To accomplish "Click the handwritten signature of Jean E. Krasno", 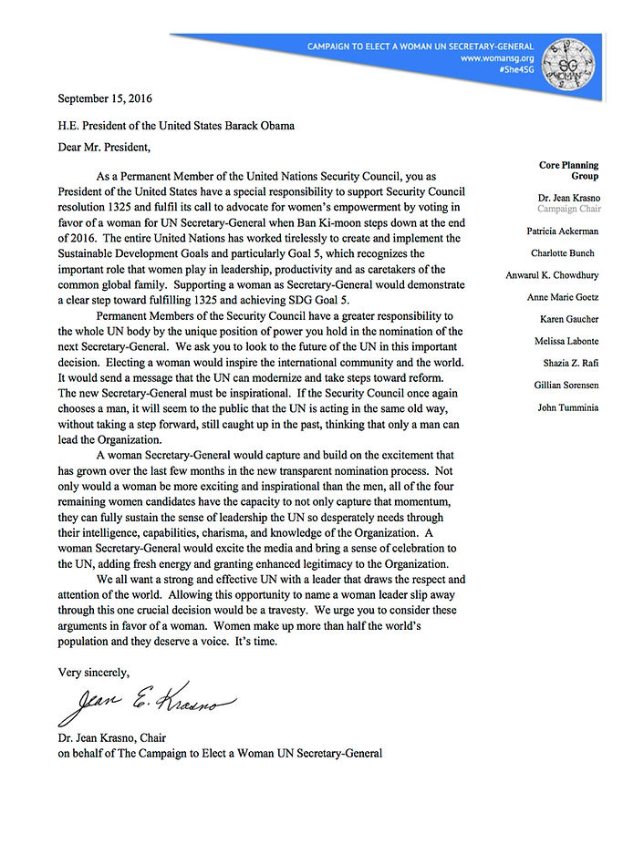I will tap(146, 703).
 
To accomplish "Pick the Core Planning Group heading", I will tap(568, 170).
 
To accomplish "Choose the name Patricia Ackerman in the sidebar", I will tap(563, 232).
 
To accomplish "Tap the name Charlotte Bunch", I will tap(565, 253).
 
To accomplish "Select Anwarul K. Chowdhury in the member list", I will tap(552, 275).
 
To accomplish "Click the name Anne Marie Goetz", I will tap(562, 297).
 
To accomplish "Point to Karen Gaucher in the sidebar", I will tap(569, 319).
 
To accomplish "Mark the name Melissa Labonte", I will tap(566, 341).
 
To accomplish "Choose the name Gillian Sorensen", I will tap(566, 386).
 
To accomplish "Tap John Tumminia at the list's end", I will tap(567, 407).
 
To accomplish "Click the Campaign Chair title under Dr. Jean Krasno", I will tap(567, 209).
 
